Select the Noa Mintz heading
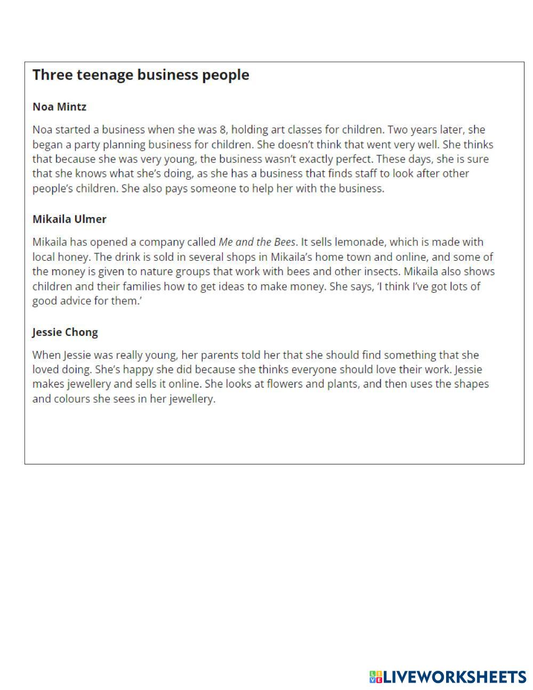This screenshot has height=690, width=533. (x=59, y=107)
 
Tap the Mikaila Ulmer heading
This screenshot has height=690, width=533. (x=69, y=219)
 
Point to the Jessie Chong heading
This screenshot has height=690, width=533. (x=65, y=332)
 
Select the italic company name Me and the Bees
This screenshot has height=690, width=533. (x=257, y=242)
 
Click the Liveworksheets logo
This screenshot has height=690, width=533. (x=448, y=677)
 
